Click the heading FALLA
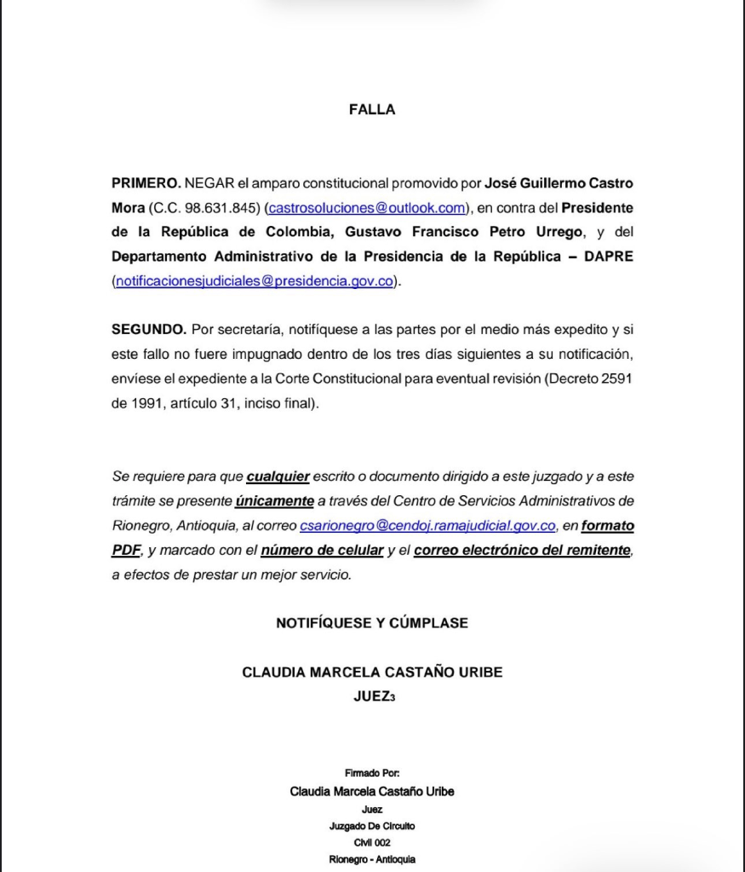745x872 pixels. coord(372,109)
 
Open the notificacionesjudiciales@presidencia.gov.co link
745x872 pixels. coord(254,281)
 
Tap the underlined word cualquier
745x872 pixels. coord(278,476)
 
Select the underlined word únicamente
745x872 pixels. coord(275,501)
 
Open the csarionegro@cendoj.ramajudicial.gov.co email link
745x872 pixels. coord(428,526)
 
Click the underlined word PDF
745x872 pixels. coord(125,551)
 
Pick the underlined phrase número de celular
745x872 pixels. coord(322,551)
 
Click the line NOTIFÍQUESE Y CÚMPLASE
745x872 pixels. coord(372,623)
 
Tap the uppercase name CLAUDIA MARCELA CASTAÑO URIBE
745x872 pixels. coord(372,673)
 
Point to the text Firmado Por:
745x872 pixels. coord(372,772)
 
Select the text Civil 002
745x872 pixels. coord(372,842)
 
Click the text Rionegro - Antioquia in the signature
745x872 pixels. coord(372,859)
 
